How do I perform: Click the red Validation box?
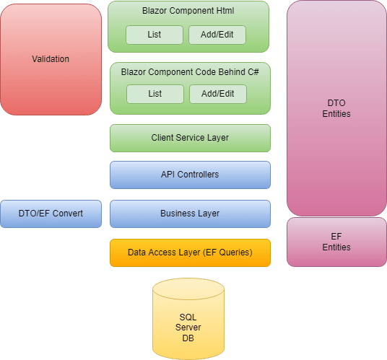pyautogui.click(x=51, y=59)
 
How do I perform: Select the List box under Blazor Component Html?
pyautogui.click(x=155, y=35)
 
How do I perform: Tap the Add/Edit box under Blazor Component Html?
pyautogui.click(x=217, y=35)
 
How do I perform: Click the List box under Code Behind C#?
pyautogui.click(x=155, y=94)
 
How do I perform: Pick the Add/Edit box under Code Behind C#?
pyautogui.click(x=218, y=94)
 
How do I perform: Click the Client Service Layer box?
pyautogui.click(x=190, y=138)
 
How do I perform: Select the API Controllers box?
pyautogui.click(x=190, y=175)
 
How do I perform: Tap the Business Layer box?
pyautogui.click(x=190, y=214)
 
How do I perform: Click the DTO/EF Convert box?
pyautogui.click(x=51, y=214)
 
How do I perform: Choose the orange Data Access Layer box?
pyautogui.click(x=190, y=253)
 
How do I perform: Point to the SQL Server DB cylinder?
pyautogui.click(x=188, y=319)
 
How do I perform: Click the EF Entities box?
pyautogui.click(x=336, y=242)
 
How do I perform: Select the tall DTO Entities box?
pyautogui.click(x=336, y=108)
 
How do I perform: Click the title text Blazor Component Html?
pyautogui.click(x=188, y=11)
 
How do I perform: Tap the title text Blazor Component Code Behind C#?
pyautogui.click(x=190, y=72)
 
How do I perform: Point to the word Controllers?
pyautogui.click(x=198, y=175)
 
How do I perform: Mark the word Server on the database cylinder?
pyautogui.click(x=188, y=328)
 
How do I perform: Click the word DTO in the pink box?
pyautogui.click(x=336, y=103)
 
